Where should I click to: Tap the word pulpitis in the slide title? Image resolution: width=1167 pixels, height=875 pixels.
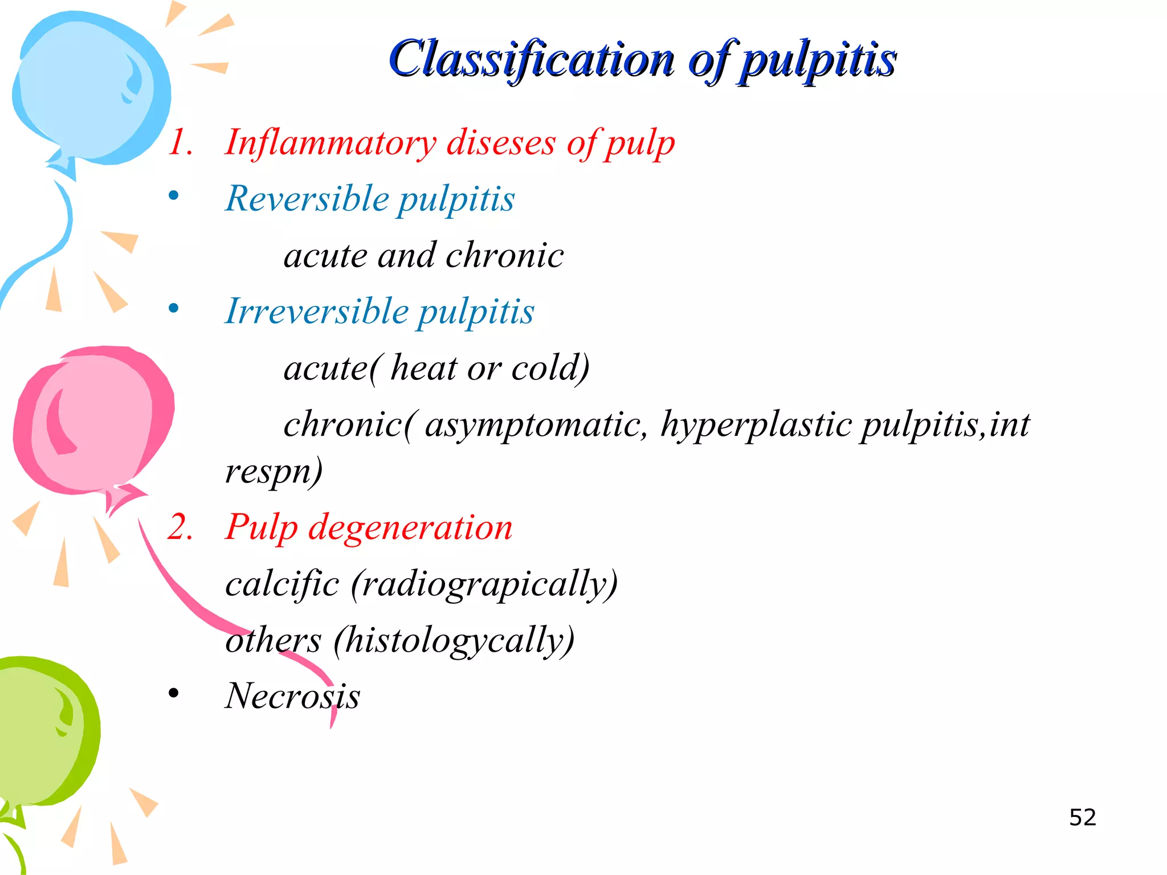(818, 60)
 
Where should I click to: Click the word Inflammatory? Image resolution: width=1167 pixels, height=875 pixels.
(330, 142)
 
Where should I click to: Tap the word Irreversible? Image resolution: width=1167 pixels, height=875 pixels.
(317, 312)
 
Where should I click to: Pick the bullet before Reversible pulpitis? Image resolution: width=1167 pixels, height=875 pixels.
(174, 197)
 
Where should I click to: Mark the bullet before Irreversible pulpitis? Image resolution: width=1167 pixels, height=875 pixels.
(174, 309)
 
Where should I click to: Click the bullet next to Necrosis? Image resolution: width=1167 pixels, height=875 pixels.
(174, 694)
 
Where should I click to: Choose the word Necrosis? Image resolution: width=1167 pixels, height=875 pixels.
(292, 696)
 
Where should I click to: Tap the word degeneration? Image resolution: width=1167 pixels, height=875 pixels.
(410, 528)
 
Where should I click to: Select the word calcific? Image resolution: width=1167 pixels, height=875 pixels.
(282, 584)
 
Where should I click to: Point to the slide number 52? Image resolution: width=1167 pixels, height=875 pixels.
(1082, 817)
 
